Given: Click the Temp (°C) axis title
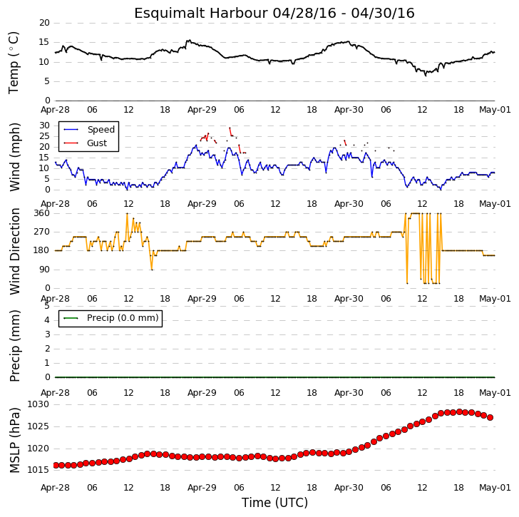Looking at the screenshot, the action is [14, 63].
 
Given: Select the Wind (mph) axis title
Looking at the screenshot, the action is [14, 157].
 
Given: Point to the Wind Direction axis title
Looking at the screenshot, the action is [14, 251].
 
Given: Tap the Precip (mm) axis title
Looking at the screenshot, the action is [15, 346].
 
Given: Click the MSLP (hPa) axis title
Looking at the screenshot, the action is [14, 440].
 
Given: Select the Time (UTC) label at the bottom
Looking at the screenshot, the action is [274, 503].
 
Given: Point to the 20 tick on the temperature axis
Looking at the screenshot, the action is [44, 23].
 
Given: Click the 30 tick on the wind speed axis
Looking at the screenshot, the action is [44, 126].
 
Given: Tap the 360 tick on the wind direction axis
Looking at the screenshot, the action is [41, 213].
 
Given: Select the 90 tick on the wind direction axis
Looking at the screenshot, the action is [44, 270].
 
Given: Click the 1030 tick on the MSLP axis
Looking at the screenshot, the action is [38, 404].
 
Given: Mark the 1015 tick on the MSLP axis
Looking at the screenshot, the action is [38, 470].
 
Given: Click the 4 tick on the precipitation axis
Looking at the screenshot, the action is [47, 320].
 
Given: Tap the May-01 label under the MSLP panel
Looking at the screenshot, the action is [495, 488].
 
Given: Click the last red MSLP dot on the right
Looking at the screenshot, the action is [490, 418].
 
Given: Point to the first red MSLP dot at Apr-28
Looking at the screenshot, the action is [56, 466].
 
